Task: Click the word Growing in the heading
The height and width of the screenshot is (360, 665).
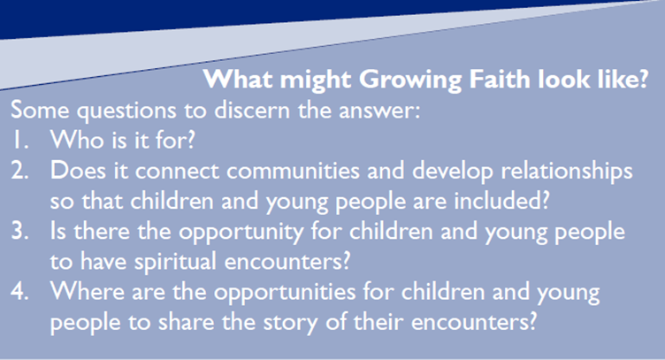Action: pyautogui.click(x=410, y=80)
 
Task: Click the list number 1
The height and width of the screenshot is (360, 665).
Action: pyautogui.click(x=20, y=140)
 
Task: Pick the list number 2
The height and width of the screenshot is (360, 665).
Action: pyautogui.click(x=20, y=171)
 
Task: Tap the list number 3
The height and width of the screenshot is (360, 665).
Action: pyautogui.click(x=20, y=231)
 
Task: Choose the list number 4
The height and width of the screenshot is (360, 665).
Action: pyautogui.click(x=19, y=292)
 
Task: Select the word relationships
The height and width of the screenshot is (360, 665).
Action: pyautogui.click(x=567, y=172)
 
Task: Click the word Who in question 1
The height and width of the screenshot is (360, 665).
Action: pyautogui.click(x=77, y=140)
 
